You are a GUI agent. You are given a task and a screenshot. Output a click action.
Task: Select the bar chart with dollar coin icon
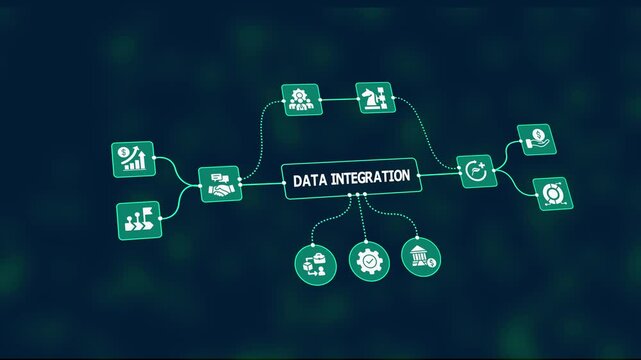pyautogui.click(x=133, y=159)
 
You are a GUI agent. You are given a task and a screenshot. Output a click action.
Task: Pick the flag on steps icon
pyautogui.click(x=136, y=218)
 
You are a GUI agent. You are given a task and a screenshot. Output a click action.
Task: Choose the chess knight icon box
pyautogui.click(x=372, y=99)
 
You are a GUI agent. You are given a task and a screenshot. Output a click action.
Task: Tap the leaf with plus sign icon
pyautogui.click(x=476, y=172)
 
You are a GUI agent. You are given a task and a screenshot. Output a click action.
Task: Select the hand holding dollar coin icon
pyautogui.click(x=535, y=140)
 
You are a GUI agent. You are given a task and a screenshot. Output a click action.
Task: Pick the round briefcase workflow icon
pyautogui.click(x=313, y=263)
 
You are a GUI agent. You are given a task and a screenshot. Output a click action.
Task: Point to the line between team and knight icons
pyautogui.click(x=336, y=99)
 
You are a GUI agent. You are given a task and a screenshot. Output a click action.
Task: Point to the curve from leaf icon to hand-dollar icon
pyautogui.click(x=505, y=153)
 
